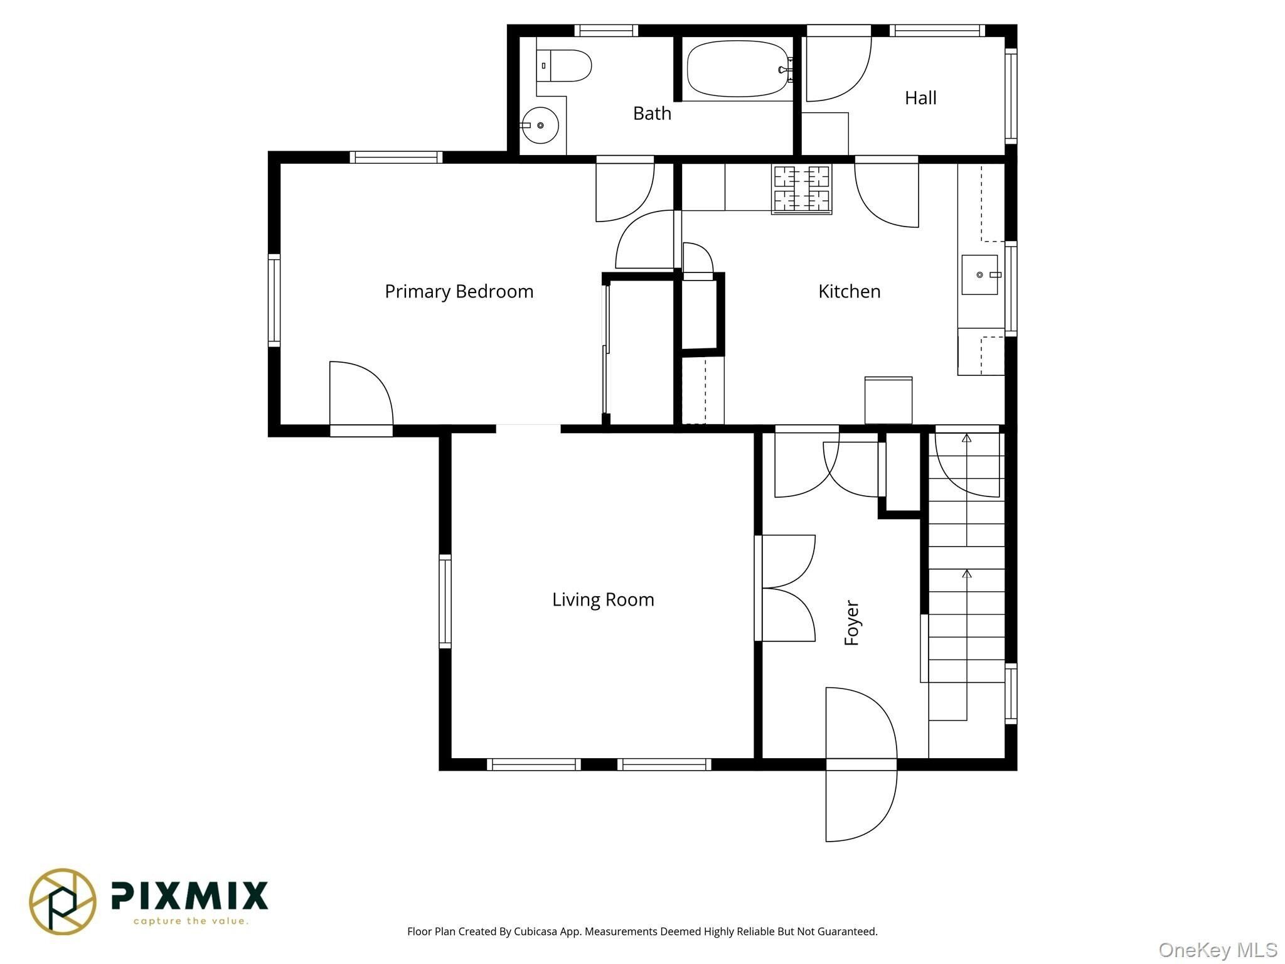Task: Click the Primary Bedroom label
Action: pyautogui.click(x=459, y=292)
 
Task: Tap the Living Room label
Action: pyautogui.click(x=603, y=600)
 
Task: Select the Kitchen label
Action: pyautogui.click(x=850, y=291)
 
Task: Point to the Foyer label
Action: pyautogui.click(x=851, y=623)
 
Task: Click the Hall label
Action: pyautogui.click(x=920, y=98)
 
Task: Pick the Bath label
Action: pyautogui.click(x=652, y=114)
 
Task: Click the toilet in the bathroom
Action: pyautogui.click(x=564, y=65)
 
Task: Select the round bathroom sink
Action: pyautogui.click(x=540, y=126)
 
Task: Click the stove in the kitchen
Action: pyautogui.click(x=801, y=189)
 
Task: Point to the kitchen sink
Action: pyautogui.click(x=979, y=275)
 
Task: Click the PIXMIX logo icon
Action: pyautogui.click(x=63, y=901)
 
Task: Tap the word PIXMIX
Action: pyautogui.click(x=189, y=896)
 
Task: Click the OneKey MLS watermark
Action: pyautogui.click(x=1218, y=950)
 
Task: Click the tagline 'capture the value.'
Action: pyautogui.click(x=191, y=921)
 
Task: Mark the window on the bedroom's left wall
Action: pyautogui.click(x=274, y=300)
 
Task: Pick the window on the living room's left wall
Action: pyautogui.click(x=445, y=601)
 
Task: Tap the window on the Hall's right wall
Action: pyautogui.click(x=1011, y=96)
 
